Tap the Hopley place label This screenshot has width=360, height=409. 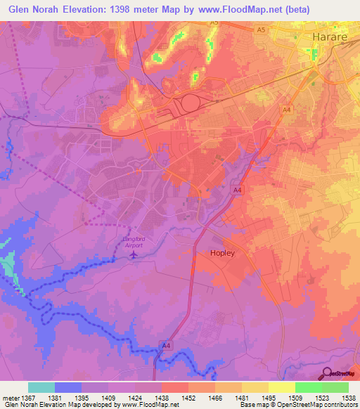tap(225, 253)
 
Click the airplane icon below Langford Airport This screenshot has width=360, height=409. tap(134, 254)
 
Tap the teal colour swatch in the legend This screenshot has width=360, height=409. tap(41, 387)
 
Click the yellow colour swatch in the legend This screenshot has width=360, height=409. tap(281, 387)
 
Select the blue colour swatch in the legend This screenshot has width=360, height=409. tap(68, 387)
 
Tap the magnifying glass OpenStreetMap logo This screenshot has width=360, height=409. tap(326, 373)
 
